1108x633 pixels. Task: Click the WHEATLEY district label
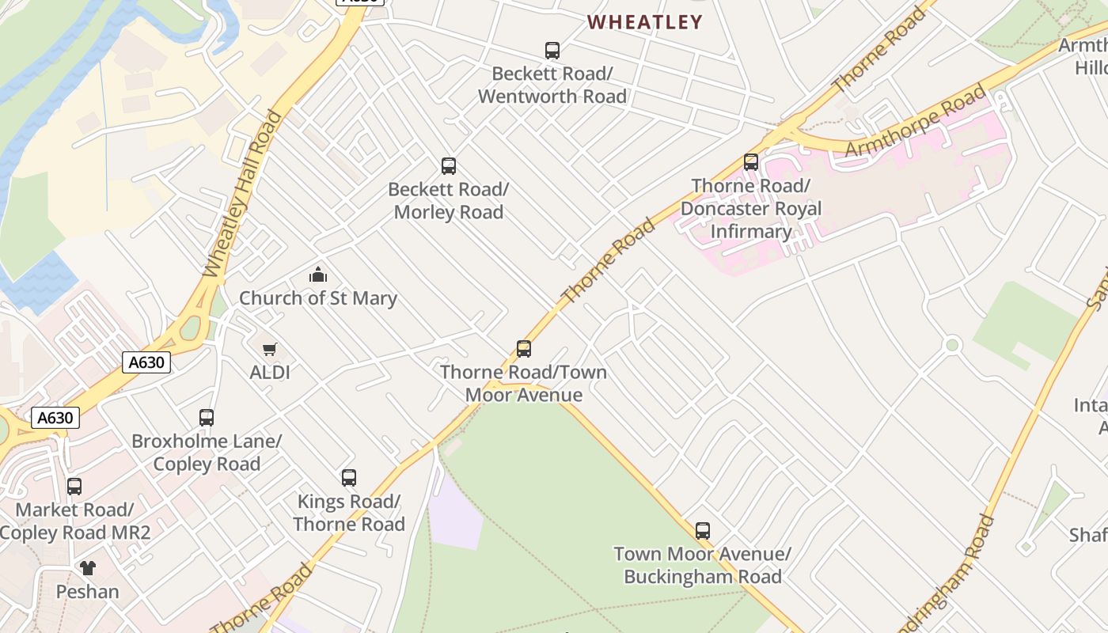tap(645, 22)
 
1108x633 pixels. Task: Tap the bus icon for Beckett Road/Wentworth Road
tap(552, 51)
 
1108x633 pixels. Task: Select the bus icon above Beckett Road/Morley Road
tap(449, 166)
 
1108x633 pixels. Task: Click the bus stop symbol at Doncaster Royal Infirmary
tap(751, 162)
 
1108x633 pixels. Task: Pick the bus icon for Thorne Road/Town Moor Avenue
tap(523, 349)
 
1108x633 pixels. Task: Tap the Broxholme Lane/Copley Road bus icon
tap(207, 418)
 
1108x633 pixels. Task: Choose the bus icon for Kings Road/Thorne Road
tap(349, 478)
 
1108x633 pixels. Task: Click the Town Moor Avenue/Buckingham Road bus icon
tap(703, 531)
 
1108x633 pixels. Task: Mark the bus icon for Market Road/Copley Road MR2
tap(74, 487)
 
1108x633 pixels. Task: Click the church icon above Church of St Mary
tap(318, 275)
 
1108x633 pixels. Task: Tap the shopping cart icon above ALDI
tap(270, 349)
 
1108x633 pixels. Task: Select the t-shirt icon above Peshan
tap(88, 568)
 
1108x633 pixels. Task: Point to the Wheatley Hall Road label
tap(242, 195)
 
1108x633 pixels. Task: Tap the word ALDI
tap(270, 372)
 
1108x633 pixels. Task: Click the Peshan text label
tap(88, 591)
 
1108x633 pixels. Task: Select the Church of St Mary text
tap(318, 298)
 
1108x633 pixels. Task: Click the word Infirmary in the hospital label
tap(751, 232)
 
